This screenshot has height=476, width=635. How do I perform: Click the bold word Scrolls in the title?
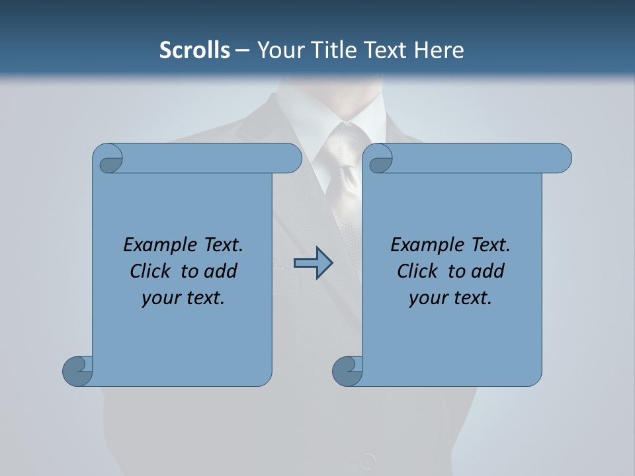tap(194, 50)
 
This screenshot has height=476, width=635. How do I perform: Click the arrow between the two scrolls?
tap(313, 263)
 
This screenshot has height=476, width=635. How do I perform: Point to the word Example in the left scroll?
tap(153, 245)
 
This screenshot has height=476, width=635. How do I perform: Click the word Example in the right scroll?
tap(420, 245)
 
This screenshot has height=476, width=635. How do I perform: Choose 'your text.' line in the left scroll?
tap(183, 298)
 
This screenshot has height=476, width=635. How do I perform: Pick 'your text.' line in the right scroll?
tap(450, 298)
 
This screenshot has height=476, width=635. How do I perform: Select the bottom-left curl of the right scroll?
tap(347, 372)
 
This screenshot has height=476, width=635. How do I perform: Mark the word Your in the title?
tap(278, 50)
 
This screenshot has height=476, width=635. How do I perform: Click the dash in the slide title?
tap(243, 50)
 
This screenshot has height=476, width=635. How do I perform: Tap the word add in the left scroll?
tap(222, 271)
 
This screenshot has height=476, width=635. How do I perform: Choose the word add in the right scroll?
tap(489, 271)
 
